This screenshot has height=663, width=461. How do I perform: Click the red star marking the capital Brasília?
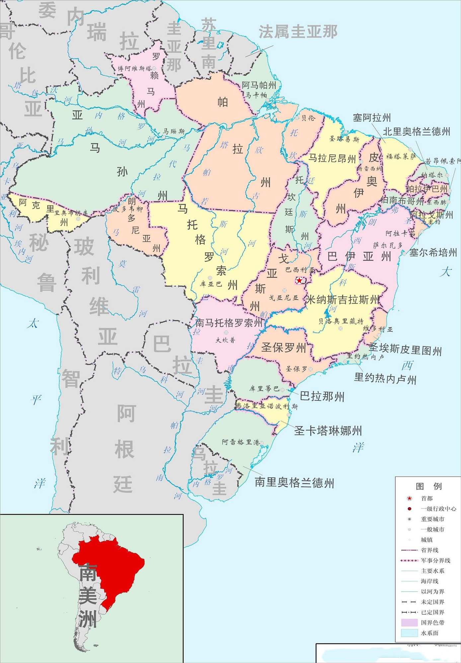tap(299, 280)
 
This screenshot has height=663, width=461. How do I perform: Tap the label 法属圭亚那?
tap(298, 32)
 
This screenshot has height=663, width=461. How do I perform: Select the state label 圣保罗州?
tap(283, 347)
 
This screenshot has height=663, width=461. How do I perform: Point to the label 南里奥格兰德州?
tap(294, 482)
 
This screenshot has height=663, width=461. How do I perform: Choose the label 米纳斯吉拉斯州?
tap(342, 300)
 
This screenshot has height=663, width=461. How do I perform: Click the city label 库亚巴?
tap(211, 284)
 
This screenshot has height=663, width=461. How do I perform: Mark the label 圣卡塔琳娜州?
tap(328, 431)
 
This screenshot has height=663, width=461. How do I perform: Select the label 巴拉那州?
tap(322, 396)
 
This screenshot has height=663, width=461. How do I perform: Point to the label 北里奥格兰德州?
tap(417, 132)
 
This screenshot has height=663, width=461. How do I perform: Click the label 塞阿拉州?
tap(372, 118)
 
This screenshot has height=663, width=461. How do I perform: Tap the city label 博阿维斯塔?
tap(134, 69)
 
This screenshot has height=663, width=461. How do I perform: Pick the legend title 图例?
tap(428, 486)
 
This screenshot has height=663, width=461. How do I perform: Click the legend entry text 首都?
tap(426, 498)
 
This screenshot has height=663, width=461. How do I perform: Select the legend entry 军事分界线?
tap(435, 560)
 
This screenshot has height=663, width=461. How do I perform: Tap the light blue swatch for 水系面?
tap(409, 633)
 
